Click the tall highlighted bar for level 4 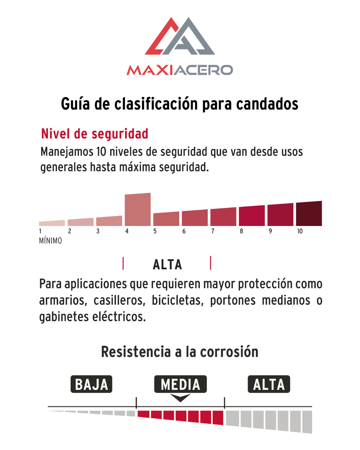point(138,209)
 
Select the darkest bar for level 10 point(309,213)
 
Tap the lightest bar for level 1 point(52,223)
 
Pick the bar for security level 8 point(252,216)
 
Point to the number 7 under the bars point(213,231)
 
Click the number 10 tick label point(300,231)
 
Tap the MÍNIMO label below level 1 point(50,241)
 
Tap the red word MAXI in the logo point(150,70)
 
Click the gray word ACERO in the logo point(203,70)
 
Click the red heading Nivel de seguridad point(95,134)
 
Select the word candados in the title point(267,104)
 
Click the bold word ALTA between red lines point(167,265)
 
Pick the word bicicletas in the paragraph point(178,300)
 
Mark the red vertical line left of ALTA point(123,263)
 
